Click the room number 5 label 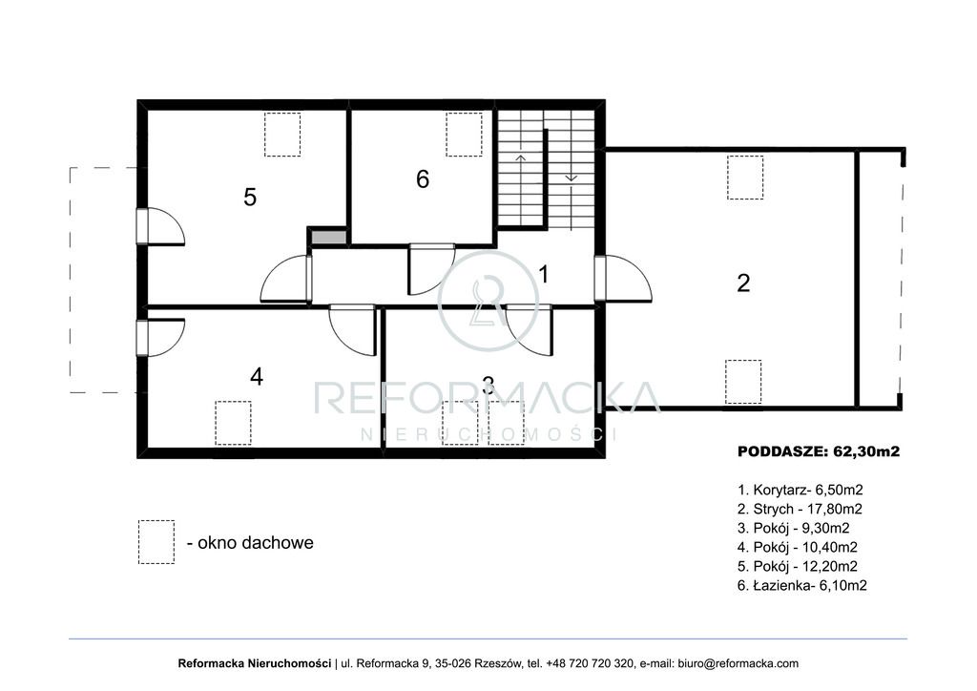(x=250, y=197)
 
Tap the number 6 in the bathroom (x=423, y=178)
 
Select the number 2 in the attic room (x=743, y=283)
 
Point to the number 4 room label (x=257, y=376)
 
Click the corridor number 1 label (x=543, y=274)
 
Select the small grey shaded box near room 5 (x=328, y=238)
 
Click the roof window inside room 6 (x=465, y=134)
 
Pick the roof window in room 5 (x=282, y=134)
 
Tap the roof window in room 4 (x=233, y=423)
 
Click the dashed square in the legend (x=156, y=542)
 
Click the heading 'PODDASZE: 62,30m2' (x=819, y=451)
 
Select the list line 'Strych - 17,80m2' (x=800, y=509)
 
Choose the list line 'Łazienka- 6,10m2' (x=801, y=586)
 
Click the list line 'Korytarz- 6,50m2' (x=800, y=490)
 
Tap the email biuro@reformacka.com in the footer (x=738, y=663)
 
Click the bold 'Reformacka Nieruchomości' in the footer (x=254, y=663)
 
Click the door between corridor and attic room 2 (x=622, y=278)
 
